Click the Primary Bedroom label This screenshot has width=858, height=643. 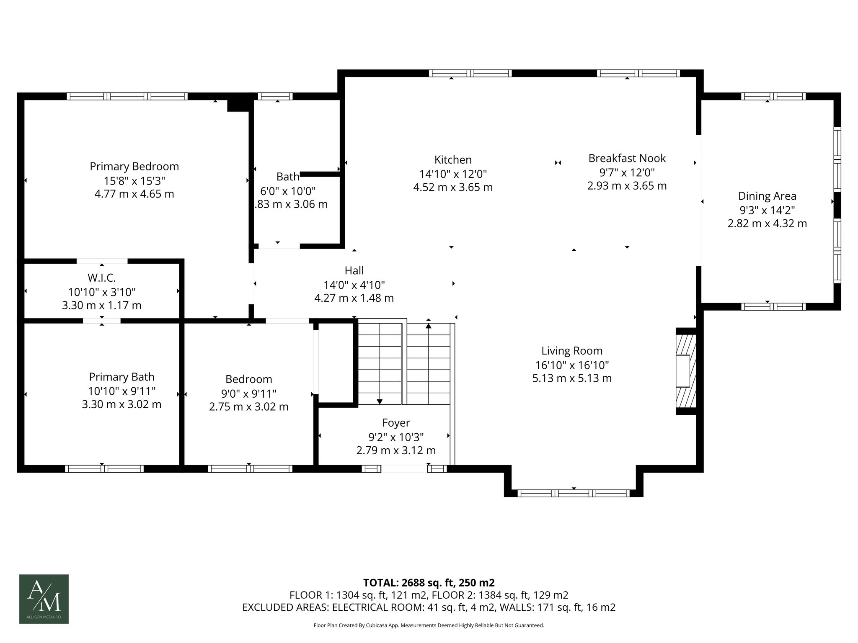134,167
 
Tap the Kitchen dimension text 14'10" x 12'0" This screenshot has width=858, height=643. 453,173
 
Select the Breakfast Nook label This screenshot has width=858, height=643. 627,158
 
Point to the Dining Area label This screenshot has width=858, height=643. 767,196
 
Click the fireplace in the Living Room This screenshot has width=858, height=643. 686,371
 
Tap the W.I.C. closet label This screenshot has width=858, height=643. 102,278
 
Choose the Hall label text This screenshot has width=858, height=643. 354,270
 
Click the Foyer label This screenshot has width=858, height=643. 396,423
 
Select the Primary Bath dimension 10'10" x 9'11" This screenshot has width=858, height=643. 121,391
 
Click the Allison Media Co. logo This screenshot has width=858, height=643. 44,599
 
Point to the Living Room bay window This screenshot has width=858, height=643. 574,493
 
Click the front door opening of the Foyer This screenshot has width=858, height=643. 404,469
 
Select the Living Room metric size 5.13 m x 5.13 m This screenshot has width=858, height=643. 572,378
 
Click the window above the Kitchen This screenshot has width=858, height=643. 470,73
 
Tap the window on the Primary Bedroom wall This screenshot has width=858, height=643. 127,96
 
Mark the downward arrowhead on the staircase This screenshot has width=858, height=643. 380,402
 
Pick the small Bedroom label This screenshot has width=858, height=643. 249,379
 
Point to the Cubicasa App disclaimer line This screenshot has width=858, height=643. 429,625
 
